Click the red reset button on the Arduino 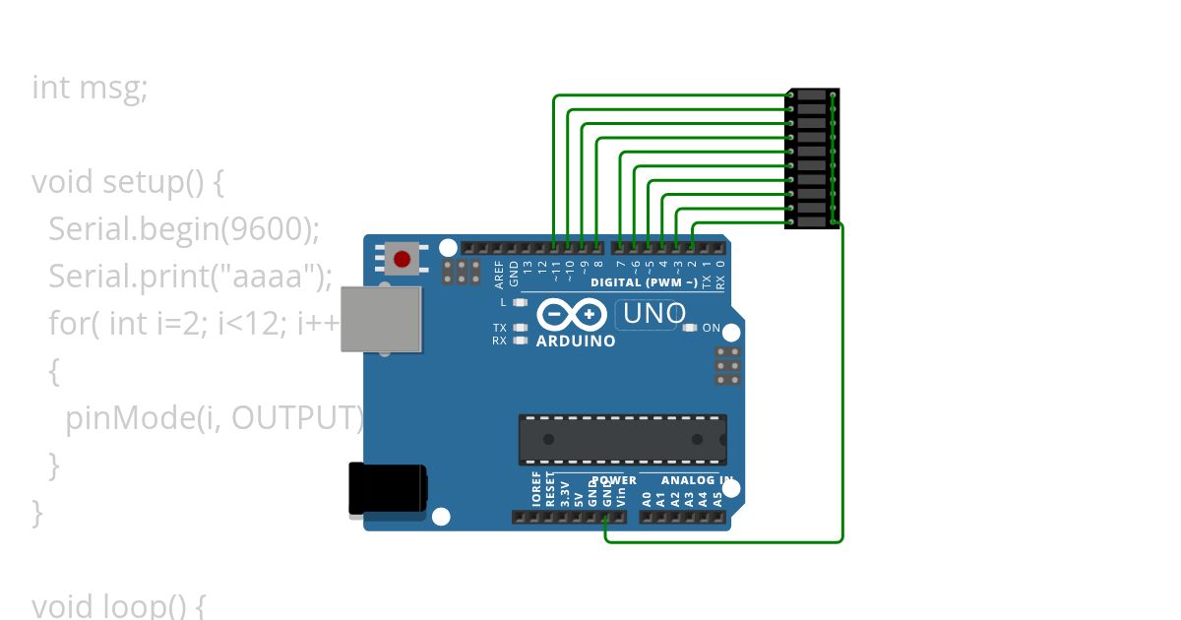coord(402,260)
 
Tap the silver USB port coord(382,319)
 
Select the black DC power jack coord(388,490)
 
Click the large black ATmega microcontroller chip coord(623,440)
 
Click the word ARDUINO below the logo coord(576,341)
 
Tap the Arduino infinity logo coord(572,315)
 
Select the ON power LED coord(690,328)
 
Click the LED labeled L coord(521,303)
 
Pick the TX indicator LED coord(521,328)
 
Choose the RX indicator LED coord(521,341)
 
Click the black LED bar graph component coord(812,158)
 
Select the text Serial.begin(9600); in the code coord(184,229)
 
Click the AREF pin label coord(499,272)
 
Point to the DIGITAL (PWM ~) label coord(644,282)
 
